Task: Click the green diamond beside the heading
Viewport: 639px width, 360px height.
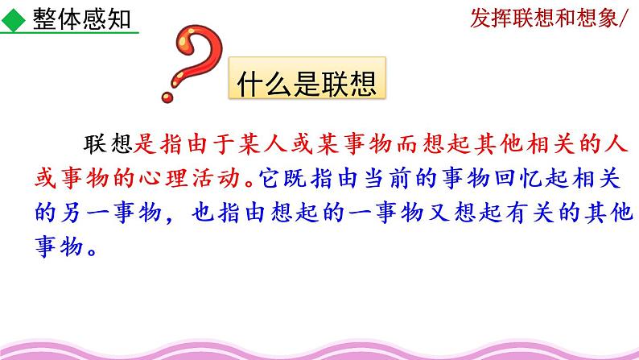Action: [x=14, y=20]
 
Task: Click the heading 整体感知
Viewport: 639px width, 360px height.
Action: [x=81, y=19]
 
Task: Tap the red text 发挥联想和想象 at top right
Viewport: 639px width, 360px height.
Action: [x=544, y=19]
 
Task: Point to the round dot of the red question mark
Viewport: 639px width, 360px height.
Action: [x=167, y=97]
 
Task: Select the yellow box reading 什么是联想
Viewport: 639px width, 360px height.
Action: [x=307, y=78]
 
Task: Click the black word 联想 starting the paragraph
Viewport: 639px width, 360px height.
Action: [x=108, y=144]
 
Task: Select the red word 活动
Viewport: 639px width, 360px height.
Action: [x=216, y=179]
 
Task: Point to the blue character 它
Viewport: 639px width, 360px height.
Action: [x=269, y=179]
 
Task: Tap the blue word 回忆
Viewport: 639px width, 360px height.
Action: [x=519, y=179]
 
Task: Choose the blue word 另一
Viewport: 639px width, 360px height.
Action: [x=85, y=213]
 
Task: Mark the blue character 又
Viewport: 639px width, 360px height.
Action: [x=439, y=213]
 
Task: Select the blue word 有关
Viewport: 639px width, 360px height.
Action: [x=530, y=213]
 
